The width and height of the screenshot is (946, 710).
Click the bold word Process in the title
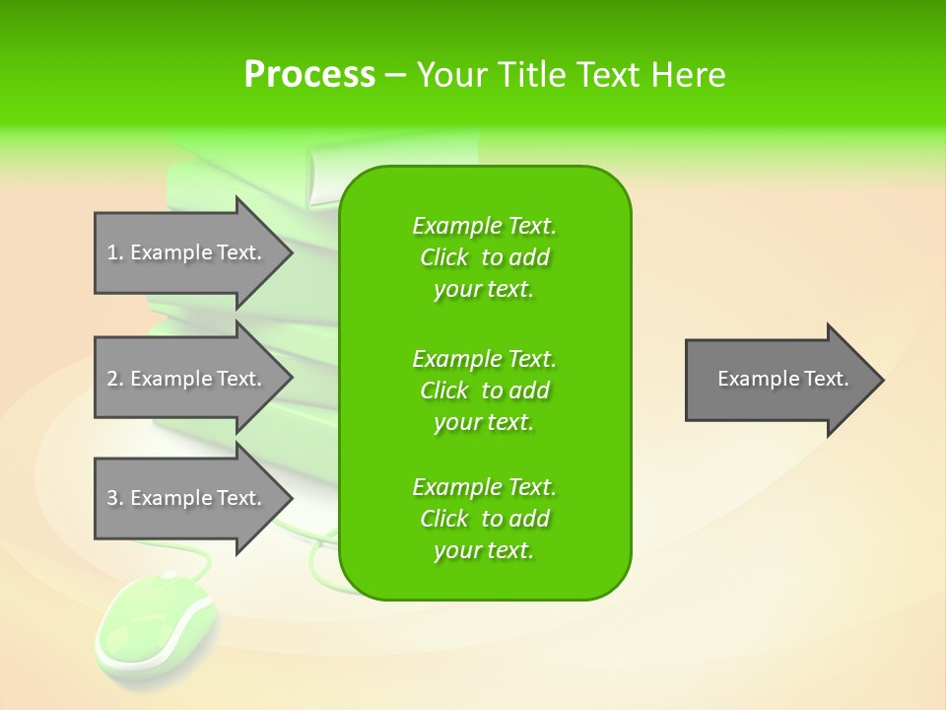[x=309, y=75]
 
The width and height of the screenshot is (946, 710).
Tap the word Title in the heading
[x=532, y=75]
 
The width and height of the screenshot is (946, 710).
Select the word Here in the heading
[x=689, y=75]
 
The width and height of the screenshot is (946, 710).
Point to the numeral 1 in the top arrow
[x=112, y=252]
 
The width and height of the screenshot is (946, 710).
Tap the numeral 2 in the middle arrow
[x=112, y=379]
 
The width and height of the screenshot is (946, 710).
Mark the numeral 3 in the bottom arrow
[x=112, y=498]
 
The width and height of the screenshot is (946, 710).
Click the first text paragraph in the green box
[x=484, y=257]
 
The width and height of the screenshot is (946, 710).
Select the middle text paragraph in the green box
[x=484, y=390]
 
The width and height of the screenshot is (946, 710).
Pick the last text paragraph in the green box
[x=484, y=519]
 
